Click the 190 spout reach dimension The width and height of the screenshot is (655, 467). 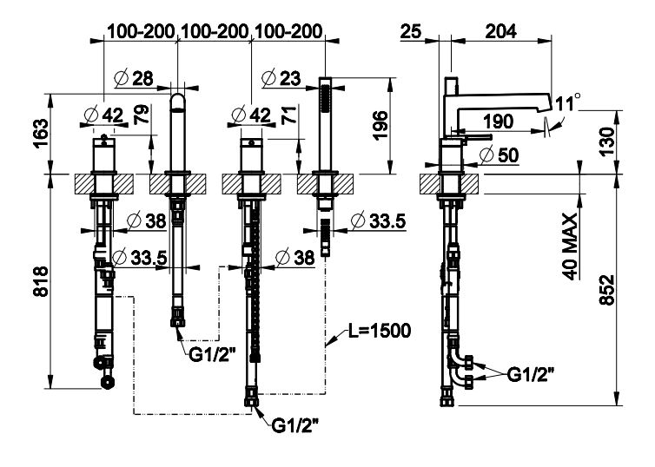[498, 122]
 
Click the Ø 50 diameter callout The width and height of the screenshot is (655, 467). [500, 155]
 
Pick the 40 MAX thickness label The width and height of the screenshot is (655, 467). [570, 245]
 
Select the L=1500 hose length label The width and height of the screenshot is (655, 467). [374, 332]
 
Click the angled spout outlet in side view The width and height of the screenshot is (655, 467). [545, 103]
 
